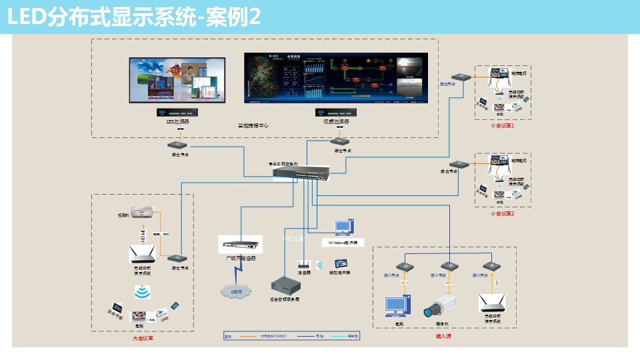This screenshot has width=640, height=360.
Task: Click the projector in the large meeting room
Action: tap(145, 213)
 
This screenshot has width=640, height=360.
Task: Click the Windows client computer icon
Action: tap(345, 227)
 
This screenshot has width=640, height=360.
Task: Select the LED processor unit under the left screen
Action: tap(178, 113)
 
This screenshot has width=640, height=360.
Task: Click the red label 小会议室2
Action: tap(503, 213)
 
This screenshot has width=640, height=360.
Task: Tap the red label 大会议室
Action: tap(143, 338)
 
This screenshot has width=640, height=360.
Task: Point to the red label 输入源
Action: tap(443, 336)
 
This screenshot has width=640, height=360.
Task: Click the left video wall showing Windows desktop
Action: tap(177, 79)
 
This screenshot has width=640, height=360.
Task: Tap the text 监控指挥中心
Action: tap(253, 125)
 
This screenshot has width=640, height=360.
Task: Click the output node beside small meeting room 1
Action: tap(461, 77)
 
